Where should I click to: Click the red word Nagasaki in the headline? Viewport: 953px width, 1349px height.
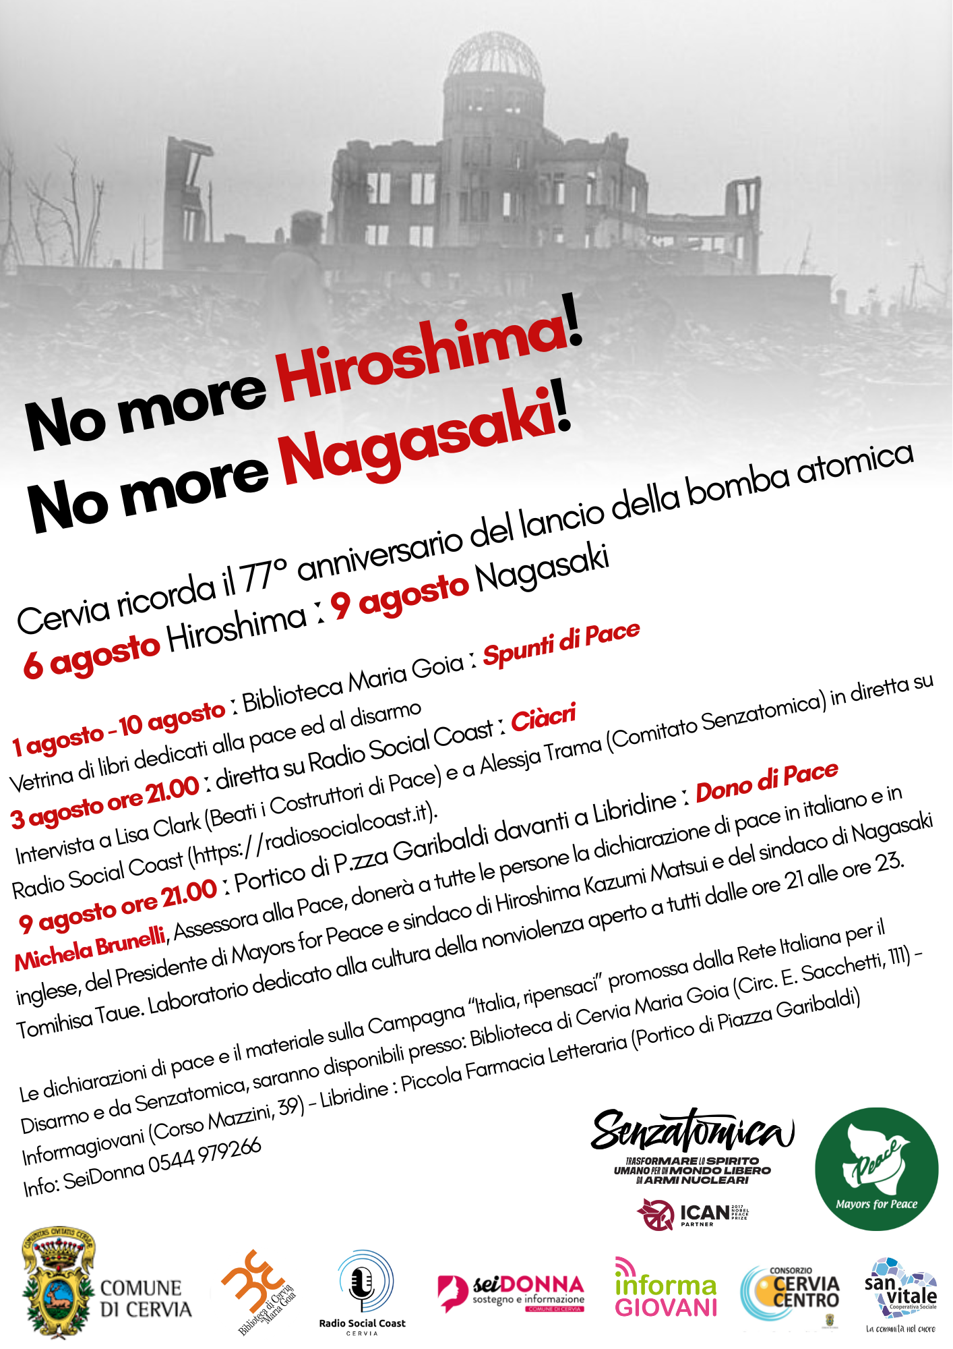click(418, 438)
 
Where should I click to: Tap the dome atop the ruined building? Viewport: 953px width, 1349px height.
click(495, 57)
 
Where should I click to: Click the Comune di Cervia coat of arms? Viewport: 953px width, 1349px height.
click(58, 1286)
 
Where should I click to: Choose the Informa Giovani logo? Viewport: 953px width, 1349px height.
click(665, 1288)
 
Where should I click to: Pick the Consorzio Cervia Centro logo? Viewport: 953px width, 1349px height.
click(790, 1292)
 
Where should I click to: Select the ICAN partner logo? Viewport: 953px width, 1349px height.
click(691, 1214)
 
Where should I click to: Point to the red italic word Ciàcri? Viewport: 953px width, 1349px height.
click(543, 718)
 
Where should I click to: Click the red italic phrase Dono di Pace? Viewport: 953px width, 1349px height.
click(766, 782)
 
